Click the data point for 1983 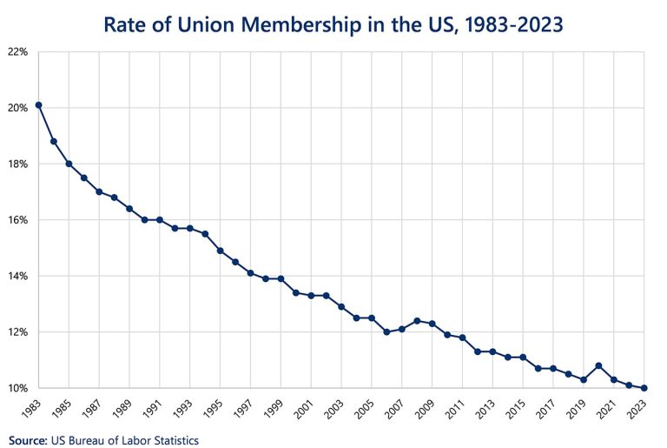pyautogui.click(x=38, y=105)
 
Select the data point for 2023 pyautogui.click(x=644, y=388)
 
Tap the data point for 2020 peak pyautogui.click(x=598, y=365)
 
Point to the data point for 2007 pyautogui.click(x=401, y=329)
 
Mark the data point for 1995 pyautogui.click(x=220, y=251)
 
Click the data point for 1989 pyautogui.click(x=129, y=209)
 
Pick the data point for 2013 pyautogui.click(x=492, y=351)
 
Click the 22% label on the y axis pyautogui.click(x=18, y=52)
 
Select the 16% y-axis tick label pyautogui.click(x=18, y=220)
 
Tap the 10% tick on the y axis pyautogui.click(x=18, y=388)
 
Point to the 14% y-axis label pyautogui.click(x=18, y=276)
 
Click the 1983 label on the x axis pyautogui.click(x=33, y=407)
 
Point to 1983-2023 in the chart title pyautogui.click(x=507, y=23)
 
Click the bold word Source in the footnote pyautogui.click(x=29, y=441)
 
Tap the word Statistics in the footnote pyautogui.click(x=173, y=441)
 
